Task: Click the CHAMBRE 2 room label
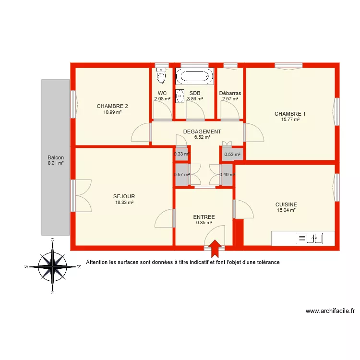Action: coord(112,106)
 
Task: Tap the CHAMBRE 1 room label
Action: coord(290,114)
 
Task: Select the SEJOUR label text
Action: coord(124,196)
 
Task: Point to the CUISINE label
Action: coord(286,204)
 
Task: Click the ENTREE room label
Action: coord(204,217)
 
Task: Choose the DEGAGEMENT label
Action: coord(202,132)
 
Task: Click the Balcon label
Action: coord(56,157)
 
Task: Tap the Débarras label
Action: coord(230,93)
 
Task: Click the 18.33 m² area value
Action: coord(124,203)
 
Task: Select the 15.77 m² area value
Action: coord(290,120)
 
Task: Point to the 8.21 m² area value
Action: coord(56,163)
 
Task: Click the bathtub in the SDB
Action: coord(194,76)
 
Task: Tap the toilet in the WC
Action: coord(161,76)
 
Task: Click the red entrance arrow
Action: coord(215,247)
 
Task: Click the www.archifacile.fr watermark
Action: coord(330,311)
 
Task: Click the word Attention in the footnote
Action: coord(97,263)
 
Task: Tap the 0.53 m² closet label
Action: coord(232,155)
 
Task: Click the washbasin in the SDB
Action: coord(180,96)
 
